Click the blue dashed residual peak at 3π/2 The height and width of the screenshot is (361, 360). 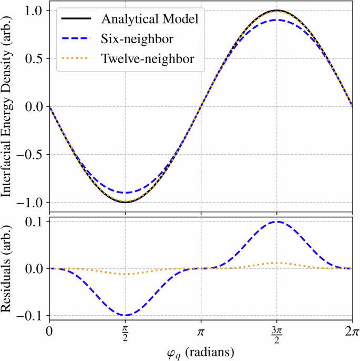coord(276,222)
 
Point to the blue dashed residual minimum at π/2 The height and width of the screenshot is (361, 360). coord(125,315)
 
